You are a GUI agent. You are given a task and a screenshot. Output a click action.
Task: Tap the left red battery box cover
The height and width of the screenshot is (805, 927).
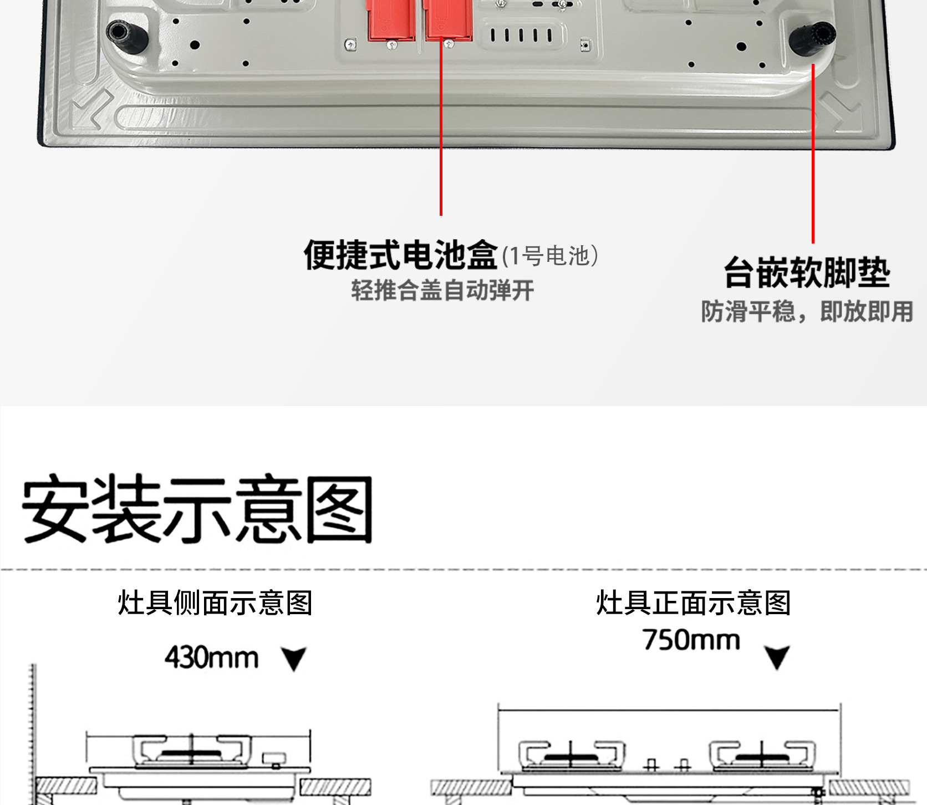tap(391, 20)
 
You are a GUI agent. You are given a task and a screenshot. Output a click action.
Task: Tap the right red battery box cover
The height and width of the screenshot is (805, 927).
tap(447, 20)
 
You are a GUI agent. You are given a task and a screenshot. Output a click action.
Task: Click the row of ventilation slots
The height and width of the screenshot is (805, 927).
tap(521, 36)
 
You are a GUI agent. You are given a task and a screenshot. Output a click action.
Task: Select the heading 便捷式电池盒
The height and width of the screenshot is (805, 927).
tap(400, 255)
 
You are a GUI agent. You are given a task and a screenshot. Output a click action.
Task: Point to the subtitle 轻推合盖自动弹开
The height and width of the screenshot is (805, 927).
tap(442, 290)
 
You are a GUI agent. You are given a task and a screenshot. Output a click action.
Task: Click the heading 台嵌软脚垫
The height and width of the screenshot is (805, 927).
tap(807, 273)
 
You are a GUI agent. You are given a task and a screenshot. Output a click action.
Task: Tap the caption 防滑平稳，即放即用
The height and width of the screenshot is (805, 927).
tap(807, 312)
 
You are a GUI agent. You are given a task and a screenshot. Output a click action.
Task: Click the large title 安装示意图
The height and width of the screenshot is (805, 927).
tap(197, 509)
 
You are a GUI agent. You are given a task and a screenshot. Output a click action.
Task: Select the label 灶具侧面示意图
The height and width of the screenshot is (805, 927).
tap(215, 603)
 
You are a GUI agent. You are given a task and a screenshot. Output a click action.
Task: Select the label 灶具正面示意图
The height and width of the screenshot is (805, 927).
tap(693, 603)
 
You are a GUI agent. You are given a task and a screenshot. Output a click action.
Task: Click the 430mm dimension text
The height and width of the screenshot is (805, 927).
tap(212, 658)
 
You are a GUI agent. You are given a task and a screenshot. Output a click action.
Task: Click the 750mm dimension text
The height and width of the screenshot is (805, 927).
tap(691, 640)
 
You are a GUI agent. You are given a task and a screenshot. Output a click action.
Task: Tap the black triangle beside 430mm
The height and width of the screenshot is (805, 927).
tap(294, 659)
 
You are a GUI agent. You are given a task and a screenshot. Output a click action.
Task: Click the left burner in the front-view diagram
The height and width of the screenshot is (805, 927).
tap(572, 756)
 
